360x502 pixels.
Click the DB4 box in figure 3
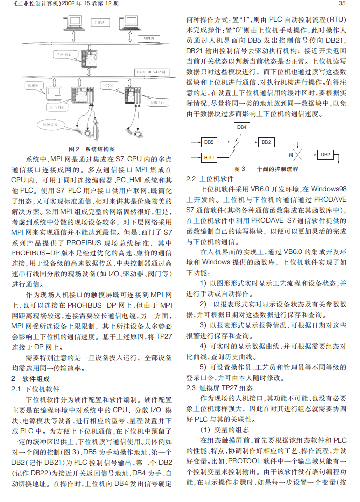pos(242,127)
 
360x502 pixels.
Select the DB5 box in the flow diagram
pos(209,142)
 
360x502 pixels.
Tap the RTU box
pos(209,158)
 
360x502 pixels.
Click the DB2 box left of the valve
pos(266,142)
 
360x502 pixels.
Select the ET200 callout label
pos(108,86)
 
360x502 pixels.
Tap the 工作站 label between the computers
pos(99,23)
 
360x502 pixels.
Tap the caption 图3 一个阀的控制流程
pos(266,169)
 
